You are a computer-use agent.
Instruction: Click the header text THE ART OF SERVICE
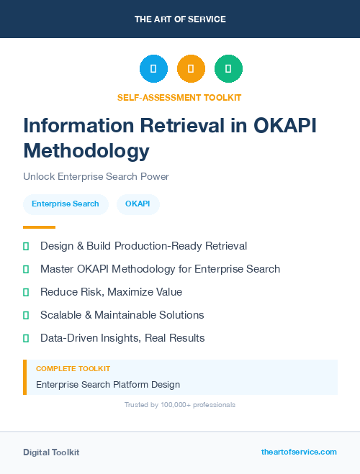[x=180, y=19]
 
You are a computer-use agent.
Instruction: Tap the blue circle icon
[x=153, y=68]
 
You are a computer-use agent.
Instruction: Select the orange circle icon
[x=191, y=68]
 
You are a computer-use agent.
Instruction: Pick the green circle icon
[x=228, y=68]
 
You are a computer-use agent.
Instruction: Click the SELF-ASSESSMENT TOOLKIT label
[x=179, y=97]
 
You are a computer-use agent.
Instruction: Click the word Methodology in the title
[x=86, y=151]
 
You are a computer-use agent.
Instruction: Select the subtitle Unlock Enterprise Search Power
[x=96, y=176]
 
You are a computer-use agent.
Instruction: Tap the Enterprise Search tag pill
[x=66, y=204]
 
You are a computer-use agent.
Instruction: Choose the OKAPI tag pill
[x=138, y=204]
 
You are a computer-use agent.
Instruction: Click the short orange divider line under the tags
[x=39, y=227]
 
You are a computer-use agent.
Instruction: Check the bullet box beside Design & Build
[x=26, y=247]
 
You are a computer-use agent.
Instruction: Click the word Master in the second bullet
[x=57, y=269]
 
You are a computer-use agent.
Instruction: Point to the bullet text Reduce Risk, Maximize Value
[x=111, y=292]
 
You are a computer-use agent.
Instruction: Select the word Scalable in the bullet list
[x=62, y=315]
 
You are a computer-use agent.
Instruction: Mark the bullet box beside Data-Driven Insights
[x=26, y=338]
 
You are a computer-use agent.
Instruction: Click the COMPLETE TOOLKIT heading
[x=73, y=368]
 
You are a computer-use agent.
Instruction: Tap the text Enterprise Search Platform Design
[x=108, y=384]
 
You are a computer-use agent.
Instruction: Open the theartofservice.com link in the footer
[x=299, y=452]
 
